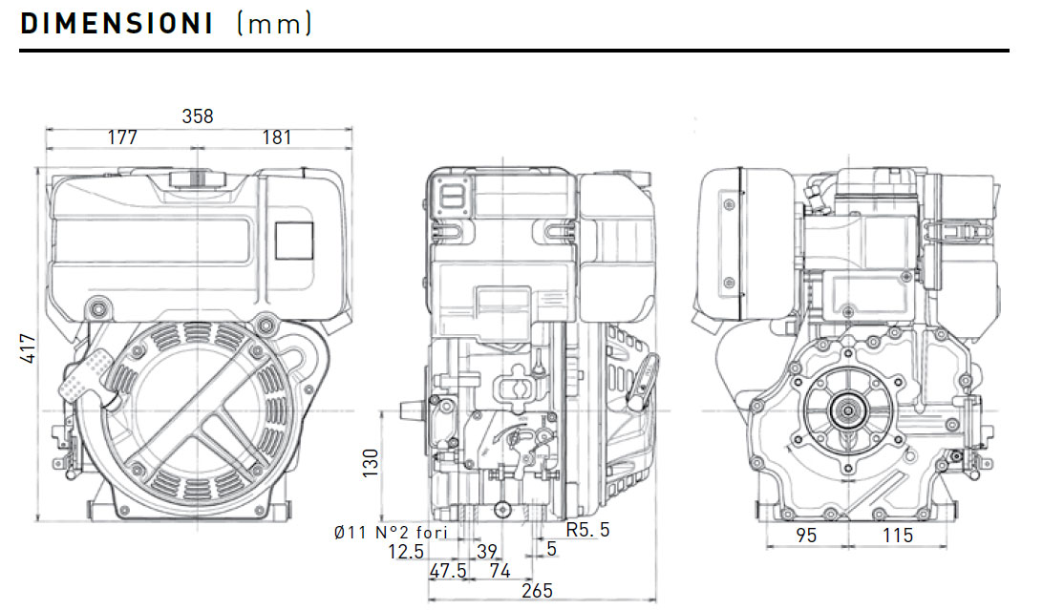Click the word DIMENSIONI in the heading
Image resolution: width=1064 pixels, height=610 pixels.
coord(117,24)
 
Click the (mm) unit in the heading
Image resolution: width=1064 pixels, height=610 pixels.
coord(274,24)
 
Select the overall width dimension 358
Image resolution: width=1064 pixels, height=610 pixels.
coord(198,116)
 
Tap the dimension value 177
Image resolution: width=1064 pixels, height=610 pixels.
coord(121,137)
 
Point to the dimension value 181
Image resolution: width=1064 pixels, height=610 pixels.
coord(276,137)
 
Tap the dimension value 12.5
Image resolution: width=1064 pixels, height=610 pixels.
coord(406,551)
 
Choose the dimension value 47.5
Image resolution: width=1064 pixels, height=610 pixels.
coord(447,571)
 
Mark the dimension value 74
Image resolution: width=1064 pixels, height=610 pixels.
coord(500,571)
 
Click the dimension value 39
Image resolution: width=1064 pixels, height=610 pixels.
coord(487,551)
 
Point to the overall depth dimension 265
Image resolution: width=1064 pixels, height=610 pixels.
coord(538,591)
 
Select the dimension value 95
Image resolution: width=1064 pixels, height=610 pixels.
coord(806,536)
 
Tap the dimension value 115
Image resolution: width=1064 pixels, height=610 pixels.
coord(898,536)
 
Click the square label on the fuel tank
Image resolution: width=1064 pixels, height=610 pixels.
coord(294,241)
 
